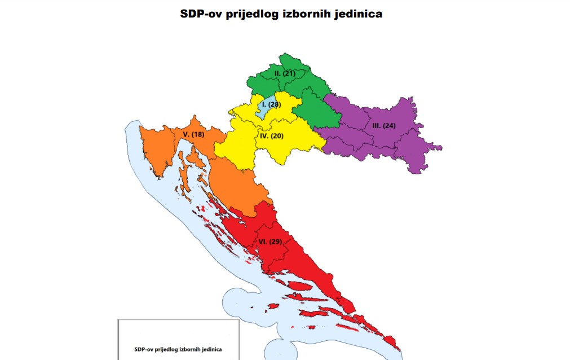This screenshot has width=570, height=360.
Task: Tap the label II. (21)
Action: click(285, 74)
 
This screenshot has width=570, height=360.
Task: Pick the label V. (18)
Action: click(193, 134)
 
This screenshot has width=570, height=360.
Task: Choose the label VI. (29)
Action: click(270, 242)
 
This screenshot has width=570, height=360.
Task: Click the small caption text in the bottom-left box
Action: click(178, 349)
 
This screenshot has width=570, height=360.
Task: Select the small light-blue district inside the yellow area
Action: click(261, 108)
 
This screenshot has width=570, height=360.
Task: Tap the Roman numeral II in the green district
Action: click(277, 74)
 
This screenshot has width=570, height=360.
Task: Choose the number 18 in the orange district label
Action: click(198, 134)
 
